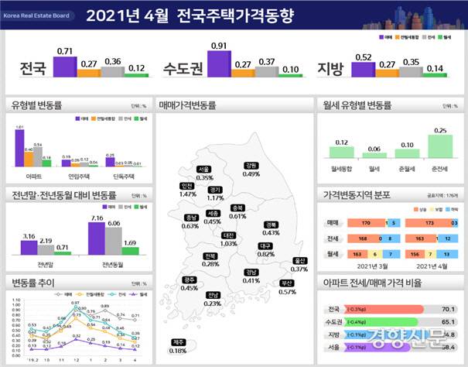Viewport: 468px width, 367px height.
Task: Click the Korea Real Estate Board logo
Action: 36,14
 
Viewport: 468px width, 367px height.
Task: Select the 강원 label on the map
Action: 251,165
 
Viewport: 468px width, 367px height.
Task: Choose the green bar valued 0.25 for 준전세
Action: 442,146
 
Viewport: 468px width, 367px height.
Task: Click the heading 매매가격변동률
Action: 186,104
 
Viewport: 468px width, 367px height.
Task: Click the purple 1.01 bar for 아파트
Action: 20,149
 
